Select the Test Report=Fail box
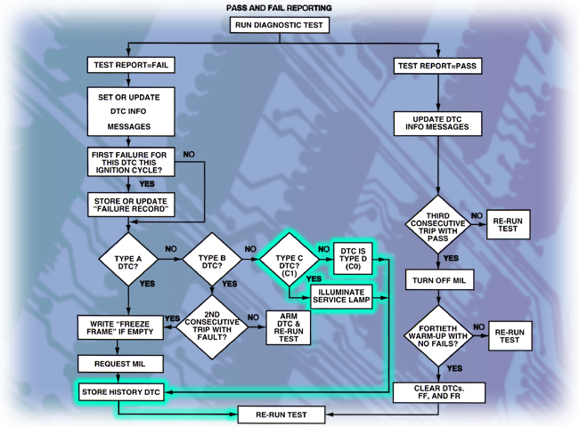pos(130,65)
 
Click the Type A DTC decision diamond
pos(130,259)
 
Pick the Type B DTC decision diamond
pos(212,259)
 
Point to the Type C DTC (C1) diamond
pos(289,259)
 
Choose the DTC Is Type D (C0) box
pos(355,259)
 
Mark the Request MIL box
pos(121,363)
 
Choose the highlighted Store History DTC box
pos(121,391)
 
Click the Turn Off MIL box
pos(438,280)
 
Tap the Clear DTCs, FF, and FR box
pos(438,392)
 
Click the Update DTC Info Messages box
pos(438,122)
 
